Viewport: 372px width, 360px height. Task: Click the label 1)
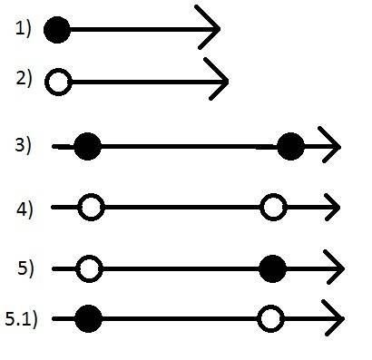24,29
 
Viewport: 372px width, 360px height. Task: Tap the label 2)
24,79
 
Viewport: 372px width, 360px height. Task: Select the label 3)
23,145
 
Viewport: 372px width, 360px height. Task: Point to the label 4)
24,209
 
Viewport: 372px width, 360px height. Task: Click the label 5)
25,268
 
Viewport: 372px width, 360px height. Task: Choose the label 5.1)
21,319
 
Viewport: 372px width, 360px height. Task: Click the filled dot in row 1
57,30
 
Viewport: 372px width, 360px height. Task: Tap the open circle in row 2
59,82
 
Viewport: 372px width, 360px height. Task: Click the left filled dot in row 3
88,146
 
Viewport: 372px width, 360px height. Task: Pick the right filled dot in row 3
291,146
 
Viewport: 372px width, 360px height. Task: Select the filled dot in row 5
272,268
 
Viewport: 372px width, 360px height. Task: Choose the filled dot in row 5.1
89,318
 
